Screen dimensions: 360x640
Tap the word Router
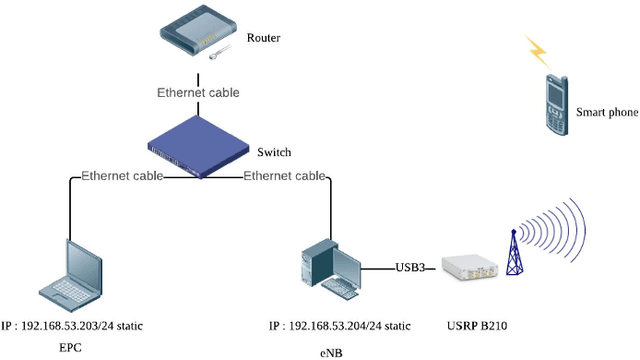tap(264, 39)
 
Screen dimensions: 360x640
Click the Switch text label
tap(274, 153)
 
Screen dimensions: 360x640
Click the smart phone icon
tap(553, 104)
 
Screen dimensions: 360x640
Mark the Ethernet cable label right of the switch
tap(285, 176)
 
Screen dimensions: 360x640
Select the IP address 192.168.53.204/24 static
tap(340, 326)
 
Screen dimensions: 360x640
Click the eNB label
tap(332, 352)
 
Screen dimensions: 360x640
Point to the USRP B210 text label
tap(471, 326)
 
